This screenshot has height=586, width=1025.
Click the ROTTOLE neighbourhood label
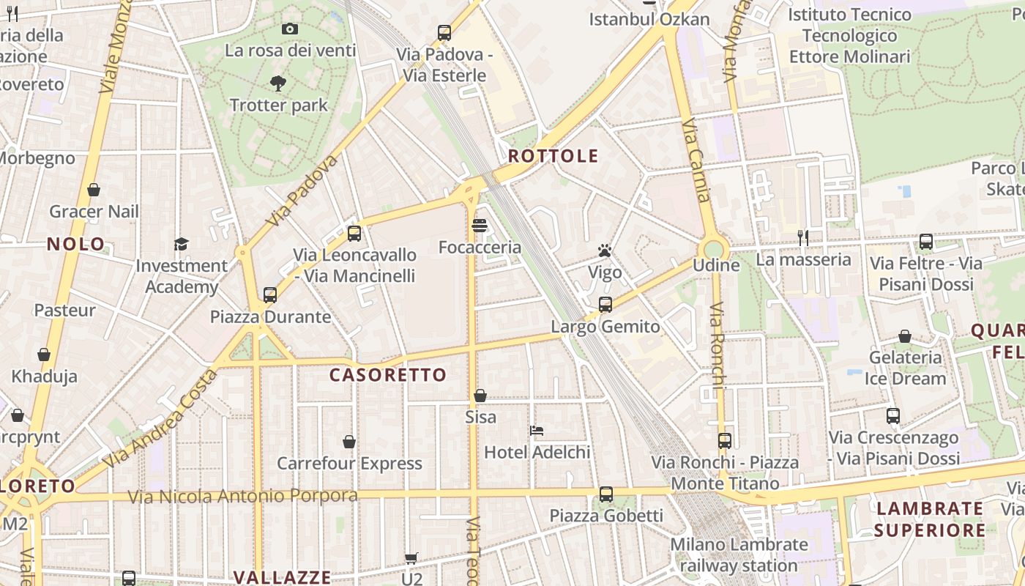click(x=553, y=156)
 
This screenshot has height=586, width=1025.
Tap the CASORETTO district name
click(x=387, y=375)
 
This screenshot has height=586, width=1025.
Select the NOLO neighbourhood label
click(x=76, y=245)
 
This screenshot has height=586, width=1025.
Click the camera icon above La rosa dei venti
click(x=290, y=29)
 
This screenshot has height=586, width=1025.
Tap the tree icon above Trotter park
click(x=278, y=84)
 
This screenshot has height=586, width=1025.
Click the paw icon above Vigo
click(x=604, y=251)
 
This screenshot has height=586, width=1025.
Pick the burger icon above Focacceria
click(x=480, y=226)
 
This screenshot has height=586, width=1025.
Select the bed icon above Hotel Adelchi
click(x=537, y=431)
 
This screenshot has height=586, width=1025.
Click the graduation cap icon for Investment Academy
click(x=181, y=244)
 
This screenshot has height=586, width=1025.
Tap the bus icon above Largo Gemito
click(x=605, y=305)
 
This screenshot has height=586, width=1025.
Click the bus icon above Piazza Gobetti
click(x=605, y=494)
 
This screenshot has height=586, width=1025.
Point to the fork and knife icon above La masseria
click(x=803, y=237)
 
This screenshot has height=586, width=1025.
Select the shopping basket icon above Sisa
click(x=480, y=396)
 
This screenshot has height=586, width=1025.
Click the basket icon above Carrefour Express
click(x=349, y=442)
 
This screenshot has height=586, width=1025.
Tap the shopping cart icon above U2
click(x=411, y=558)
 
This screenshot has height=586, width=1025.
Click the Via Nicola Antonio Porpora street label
click(x=243, y=496)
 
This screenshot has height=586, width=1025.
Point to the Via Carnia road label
click(x=696, y=161)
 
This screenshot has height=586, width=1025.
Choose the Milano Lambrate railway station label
click(x=739, y=555)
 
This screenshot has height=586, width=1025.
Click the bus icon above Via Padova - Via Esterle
click(x=444, y=33)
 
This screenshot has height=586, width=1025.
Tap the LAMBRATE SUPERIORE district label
click(x=930, y=519)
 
